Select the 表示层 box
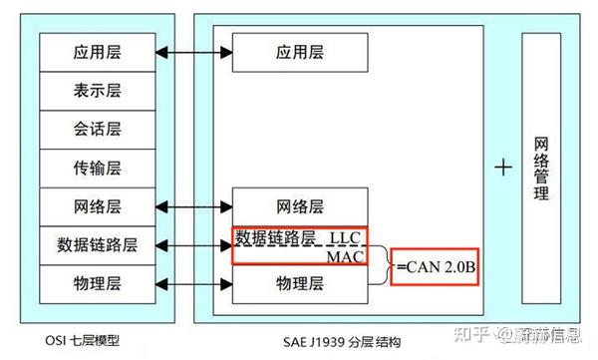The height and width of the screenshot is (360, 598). [x=97, y=90]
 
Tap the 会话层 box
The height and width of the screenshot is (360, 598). [x=97, y=129]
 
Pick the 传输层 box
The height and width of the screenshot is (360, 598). [x=97, y=168]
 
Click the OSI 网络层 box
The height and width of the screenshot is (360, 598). [x=97, y=206]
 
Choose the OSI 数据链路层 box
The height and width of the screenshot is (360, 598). [x=97, y=244]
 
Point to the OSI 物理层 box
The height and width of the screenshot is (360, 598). [x=97, y=284]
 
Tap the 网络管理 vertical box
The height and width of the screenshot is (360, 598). [x=541, y=168]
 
